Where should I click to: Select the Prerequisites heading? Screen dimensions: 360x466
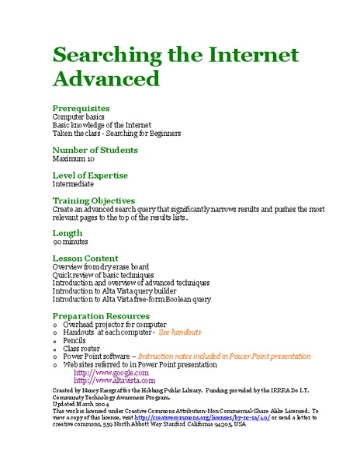[81, 108]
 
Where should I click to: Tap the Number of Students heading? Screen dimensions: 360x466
[95, 150]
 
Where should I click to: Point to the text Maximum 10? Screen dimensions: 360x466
[73, 158]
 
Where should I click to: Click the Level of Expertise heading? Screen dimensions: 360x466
[90, 176]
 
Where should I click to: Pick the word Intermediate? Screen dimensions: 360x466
[73, 184]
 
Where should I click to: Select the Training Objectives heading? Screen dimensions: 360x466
[93, 200]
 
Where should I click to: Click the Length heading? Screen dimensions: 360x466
[67, 233]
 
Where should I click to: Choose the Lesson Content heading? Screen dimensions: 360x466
[85, 258]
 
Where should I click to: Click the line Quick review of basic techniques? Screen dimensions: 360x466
[105, 275]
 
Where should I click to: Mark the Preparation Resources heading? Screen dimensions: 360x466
[100, 315]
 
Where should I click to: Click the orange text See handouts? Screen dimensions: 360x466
[180, 332]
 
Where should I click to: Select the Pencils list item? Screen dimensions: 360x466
[75, 340]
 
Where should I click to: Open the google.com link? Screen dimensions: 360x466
[111, 373]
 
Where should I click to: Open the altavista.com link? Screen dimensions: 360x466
[114, 381]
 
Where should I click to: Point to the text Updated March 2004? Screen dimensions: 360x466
[81, 403]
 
